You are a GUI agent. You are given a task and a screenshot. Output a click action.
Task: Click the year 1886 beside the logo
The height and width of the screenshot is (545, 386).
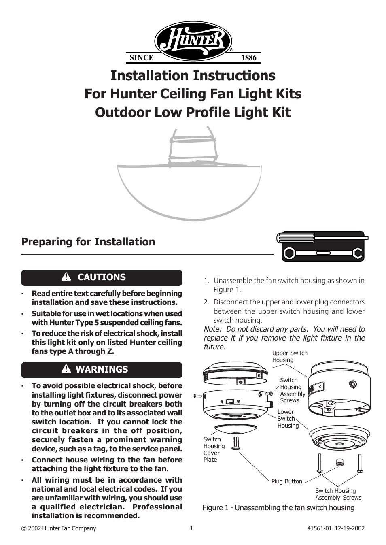(248, 58)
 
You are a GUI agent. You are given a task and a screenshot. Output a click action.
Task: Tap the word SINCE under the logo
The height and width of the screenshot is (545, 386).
(141, 58)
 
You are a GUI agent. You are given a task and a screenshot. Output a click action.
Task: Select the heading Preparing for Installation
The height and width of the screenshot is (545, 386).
(88, 242)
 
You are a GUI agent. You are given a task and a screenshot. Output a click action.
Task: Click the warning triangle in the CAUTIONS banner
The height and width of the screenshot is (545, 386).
(66, 277)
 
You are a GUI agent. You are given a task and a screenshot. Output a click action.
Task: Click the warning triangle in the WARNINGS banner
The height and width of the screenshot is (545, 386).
(66, 369)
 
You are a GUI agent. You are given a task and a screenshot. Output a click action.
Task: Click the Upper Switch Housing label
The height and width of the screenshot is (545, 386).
(289, 356)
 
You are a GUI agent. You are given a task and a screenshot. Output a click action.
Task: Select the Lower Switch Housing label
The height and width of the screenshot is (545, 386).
(288, 419)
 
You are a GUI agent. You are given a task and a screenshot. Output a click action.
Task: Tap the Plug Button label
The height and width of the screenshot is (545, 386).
(286, 481)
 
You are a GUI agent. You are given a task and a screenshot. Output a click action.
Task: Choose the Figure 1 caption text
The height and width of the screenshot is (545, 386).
(278, 508)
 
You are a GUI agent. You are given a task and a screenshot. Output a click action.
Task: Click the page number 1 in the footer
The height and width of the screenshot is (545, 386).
(191, 528)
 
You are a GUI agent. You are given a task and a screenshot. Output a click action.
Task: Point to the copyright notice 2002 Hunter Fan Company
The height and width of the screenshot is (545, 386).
(59, 528)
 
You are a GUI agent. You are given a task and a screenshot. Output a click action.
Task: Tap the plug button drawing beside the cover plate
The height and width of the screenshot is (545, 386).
(236, 443)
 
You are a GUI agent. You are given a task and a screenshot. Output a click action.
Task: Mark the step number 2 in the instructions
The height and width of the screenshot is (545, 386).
(206, 302)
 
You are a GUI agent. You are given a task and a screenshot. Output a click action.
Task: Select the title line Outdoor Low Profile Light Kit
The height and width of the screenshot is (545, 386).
(193, 112)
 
